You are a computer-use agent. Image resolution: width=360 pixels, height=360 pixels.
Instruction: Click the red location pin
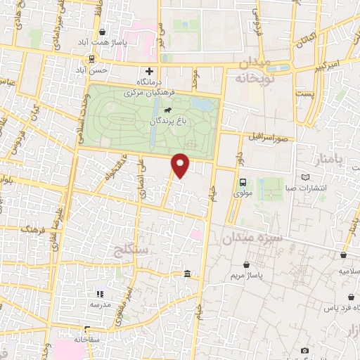181,165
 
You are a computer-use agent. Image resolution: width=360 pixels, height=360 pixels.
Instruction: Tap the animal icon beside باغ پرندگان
169,110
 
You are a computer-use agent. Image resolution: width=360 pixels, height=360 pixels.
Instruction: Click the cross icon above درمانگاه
149,71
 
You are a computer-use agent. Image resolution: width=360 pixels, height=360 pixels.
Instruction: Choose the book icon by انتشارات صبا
304,177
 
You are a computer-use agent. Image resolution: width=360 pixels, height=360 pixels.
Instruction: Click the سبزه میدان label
252,239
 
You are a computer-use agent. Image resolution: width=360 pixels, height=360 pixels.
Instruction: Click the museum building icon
186,274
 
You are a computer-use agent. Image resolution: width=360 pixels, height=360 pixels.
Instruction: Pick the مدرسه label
99,304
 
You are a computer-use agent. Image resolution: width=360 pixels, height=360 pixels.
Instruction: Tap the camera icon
304,349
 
